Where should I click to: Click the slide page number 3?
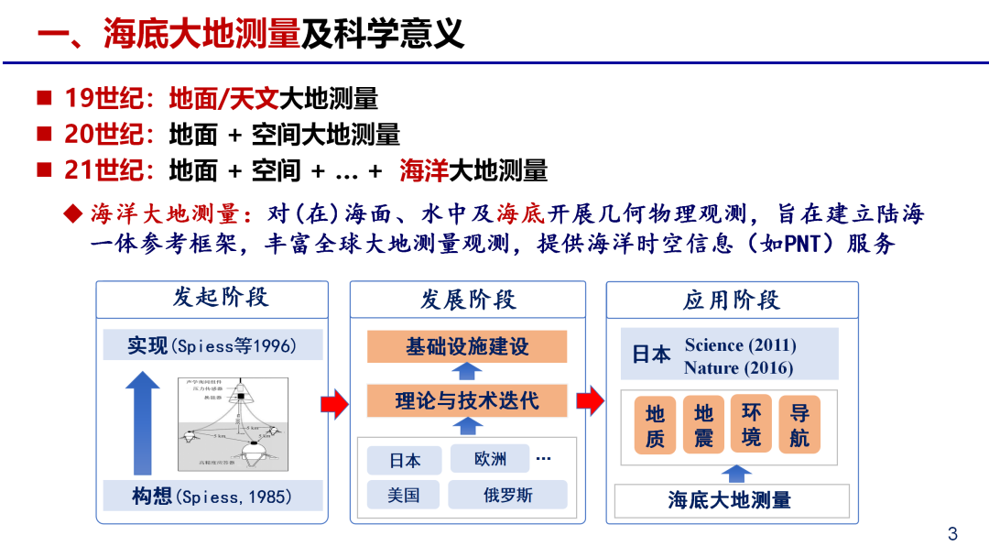click(952, 534)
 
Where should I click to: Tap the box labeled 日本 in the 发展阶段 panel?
click(405, 460)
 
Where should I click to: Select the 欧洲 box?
click(491, 459)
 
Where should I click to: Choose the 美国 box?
click(404, 496)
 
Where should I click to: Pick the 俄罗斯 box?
click(508, 496)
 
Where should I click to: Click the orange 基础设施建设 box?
click(467, 347)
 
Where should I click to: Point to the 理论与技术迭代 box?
click(467, 400)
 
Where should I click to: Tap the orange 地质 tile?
click(655, 425)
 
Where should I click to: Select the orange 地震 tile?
click(703, 425)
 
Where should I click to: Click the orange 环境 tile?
click(751, 423)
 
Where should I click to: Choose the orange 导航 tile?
click(799, 425)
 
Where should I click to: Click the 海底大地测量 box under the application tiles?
click(730, 500)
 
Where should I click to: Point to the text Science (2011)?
click(740, 345)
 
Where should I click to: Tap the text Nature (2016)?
click(738, 368)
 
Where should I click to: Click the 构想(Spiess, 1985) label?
click(212, 497)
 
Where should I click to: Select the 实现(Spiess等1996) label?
click(212, 345)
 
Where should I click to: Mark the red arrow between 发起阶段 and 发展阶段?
click(335, 401)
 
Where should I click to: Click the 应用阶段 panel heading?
click(731, 300)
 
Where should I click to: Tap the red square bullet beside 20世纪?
click(44, 134)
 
